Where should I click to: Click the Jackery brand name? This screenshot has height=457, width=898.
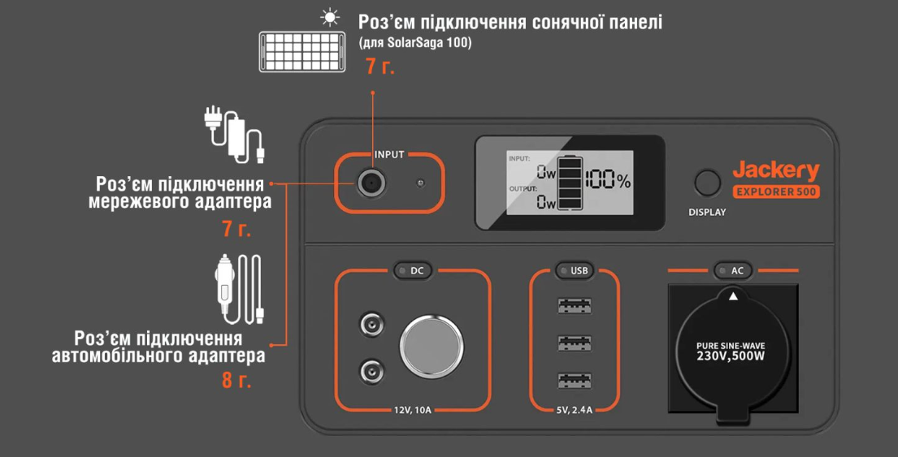tap(775, 170)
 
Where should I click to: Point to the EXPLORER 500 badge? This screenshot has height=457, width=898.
tap(776, 192)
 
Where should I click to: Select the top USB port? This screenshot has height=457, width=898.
tap(575, 307)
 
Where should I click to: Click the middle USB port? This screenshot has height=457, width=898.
tap(575, 343)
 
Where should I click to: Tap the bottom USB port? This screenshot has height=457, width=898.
tap(575, 380)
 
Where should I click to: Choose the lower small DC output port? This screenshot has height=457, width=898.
tap(371, 373)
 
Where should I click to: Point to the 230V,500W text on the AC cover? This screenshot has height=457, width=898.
tap(731, 356)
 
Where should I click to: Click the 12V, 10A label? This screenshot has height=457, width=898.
tap(411, 410)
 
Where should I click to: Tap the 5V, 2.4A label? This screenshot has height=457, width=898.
tap(574, 410)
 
